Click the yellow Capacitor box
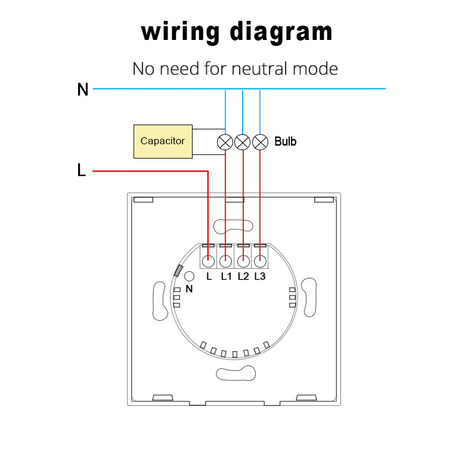pyautogui.click(x=163, y=141)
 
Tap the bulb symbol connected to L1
pyautogui.click(x=225, y=142)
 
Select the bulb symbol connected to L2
pyautogui.click(x=243, y=142)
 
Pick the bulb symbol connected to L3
pyautogui.click(x=260, y=142)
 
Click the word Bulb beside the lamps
pyautogui.click(x=286, y=141)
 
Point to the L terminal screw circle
pyautogui.click(x=208, y=261)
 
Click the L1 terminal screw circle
pyautogui.click(x=225, y=261)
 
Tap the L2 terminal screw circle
pyautogui.click(x=243, y=261)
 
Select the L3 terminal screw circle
pyautogui.click(x=260, y=261)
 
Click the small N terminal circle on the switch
pyautogui.click(x=189, y=277)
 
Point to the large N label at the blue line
pyautogui.click(x=83, y=89)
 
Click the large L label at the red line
pyautogui.click(x=82, y=170)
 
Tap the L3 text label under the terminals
pyautogui.click(x=260, y=277)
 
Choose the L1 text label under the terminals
pyautogui.click(x=226, y=277)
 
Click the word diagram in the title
pyautogui.click(x=281, y=32)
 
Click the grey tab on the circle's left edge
pyautogui.click(x=178, y=271)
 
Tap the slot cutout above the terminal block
pyautogui.click(x=233, y=226)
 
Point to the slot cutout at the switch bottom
pyautogui.click(x=236, y=373)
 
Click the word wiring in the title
pyautogui.click(x=180, y=32)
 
